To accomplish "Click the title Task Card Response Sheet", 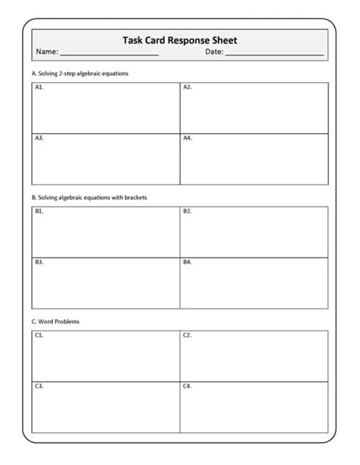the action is pos(180,40).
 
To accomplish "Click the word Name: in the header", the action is pos(46,52).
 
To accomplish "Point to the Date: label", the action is pos(213,52).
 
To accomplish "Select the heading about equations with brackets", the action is pos(89,198).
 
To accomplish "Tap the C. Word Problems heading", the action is pos(55,321).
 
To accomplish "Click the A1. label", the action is pos(39,87).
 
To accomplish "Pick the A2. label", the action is pos(188,87).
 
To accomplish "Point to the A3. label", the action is pos(39,138).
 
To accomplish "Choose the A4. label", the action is pos(188,138).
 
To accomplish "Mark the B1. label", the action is pos(39,211).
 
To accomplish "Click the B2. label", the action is pos(188,211).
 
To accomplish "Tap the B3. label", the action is pos(39,262).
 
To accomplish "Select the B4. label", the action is pos(188,262).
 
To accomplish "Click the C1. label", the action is pos(39,335).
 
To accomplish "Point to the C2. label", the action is pos(188,335).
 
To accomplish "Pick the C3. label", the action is pos(39,386).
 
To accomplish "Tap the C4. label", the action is pos(188,386).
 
